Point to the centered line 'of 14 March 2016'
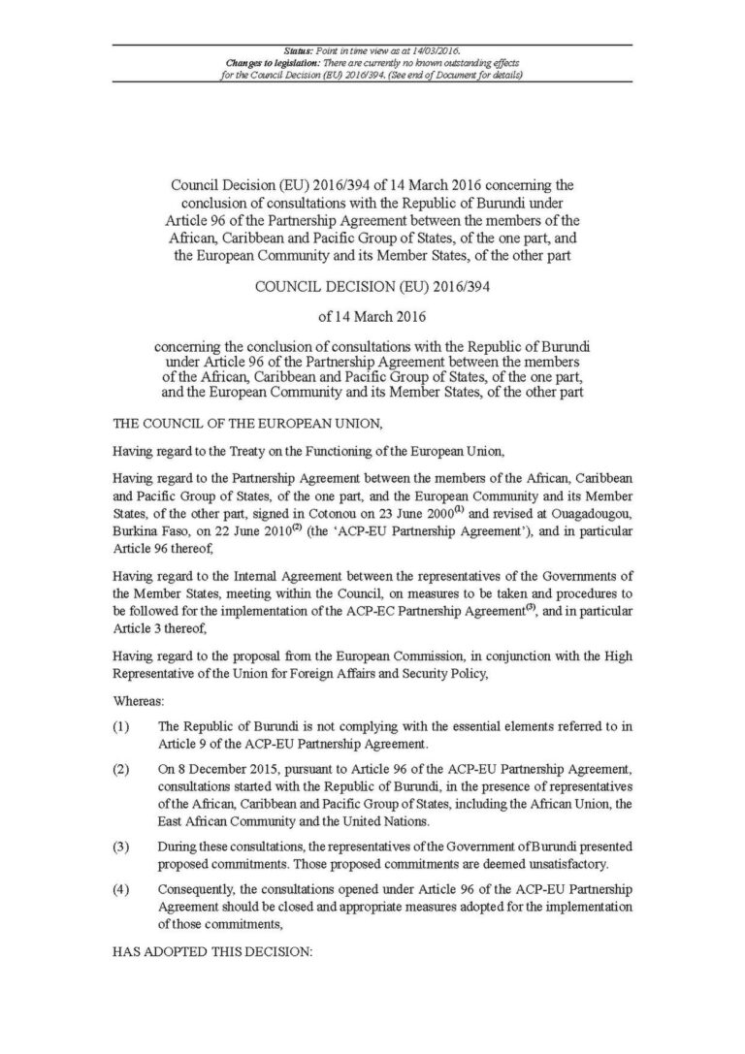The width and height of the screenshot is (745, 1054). pos(372,316)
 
